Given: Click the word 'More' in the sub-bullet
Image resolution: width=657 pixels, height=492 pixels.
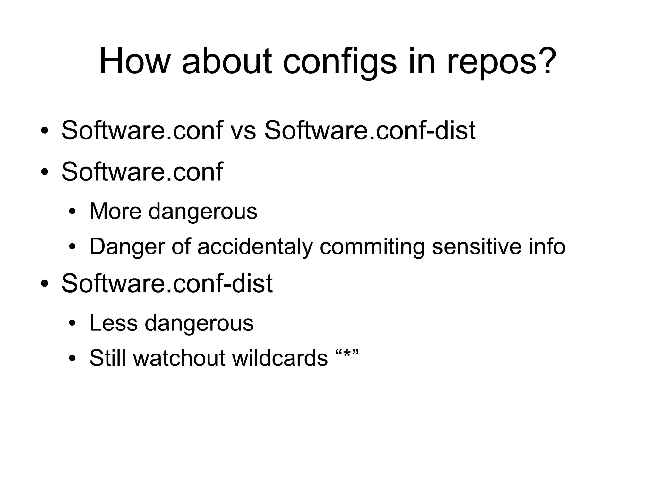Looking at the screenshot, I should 115,211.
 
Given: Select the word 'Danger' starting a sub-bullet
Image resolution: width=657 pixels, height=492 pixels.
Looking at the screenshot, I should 127,246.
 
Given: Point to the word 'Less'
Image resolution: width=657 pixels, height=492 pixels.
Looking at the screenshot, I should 113,323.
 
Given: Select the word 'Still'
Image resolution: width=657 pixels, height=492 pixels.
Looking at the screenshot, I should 108,358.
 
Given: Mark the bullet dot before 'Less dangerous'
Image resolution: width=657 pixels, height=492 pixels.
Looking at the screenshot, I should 72,324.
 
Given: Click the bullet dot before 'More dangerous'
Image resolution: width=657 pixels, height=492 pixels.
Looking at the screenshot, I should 72,212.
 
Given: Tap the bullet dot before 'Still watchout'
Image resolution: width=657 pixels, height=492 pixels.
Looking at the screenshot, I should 72,359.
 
